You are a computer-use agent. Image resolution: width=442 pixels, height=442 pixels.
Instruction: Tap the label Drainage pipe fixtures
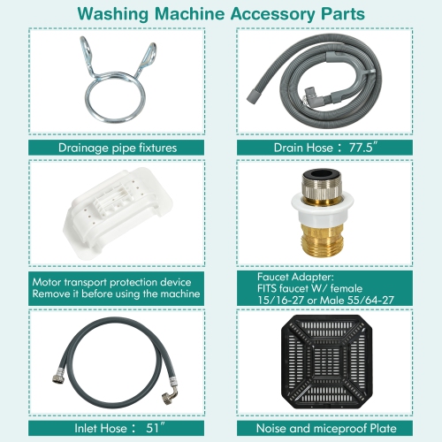[116, 148]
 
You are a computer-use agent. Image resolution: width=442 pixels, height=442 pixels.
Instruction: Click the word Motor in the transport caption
[48, 282]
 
